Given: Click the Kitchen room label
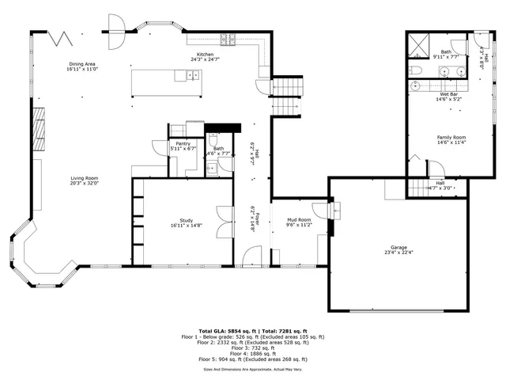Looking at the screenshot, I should [202, 55].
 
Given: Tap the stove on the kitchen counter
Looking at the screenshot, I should [230, 39].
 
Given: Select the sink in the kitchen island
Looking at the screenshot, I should [191, 76].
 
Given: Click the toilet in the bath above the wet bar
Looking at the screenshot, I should [418, 70].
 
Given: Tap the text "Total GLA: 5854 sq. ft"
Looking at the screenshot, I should [225, 331].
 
